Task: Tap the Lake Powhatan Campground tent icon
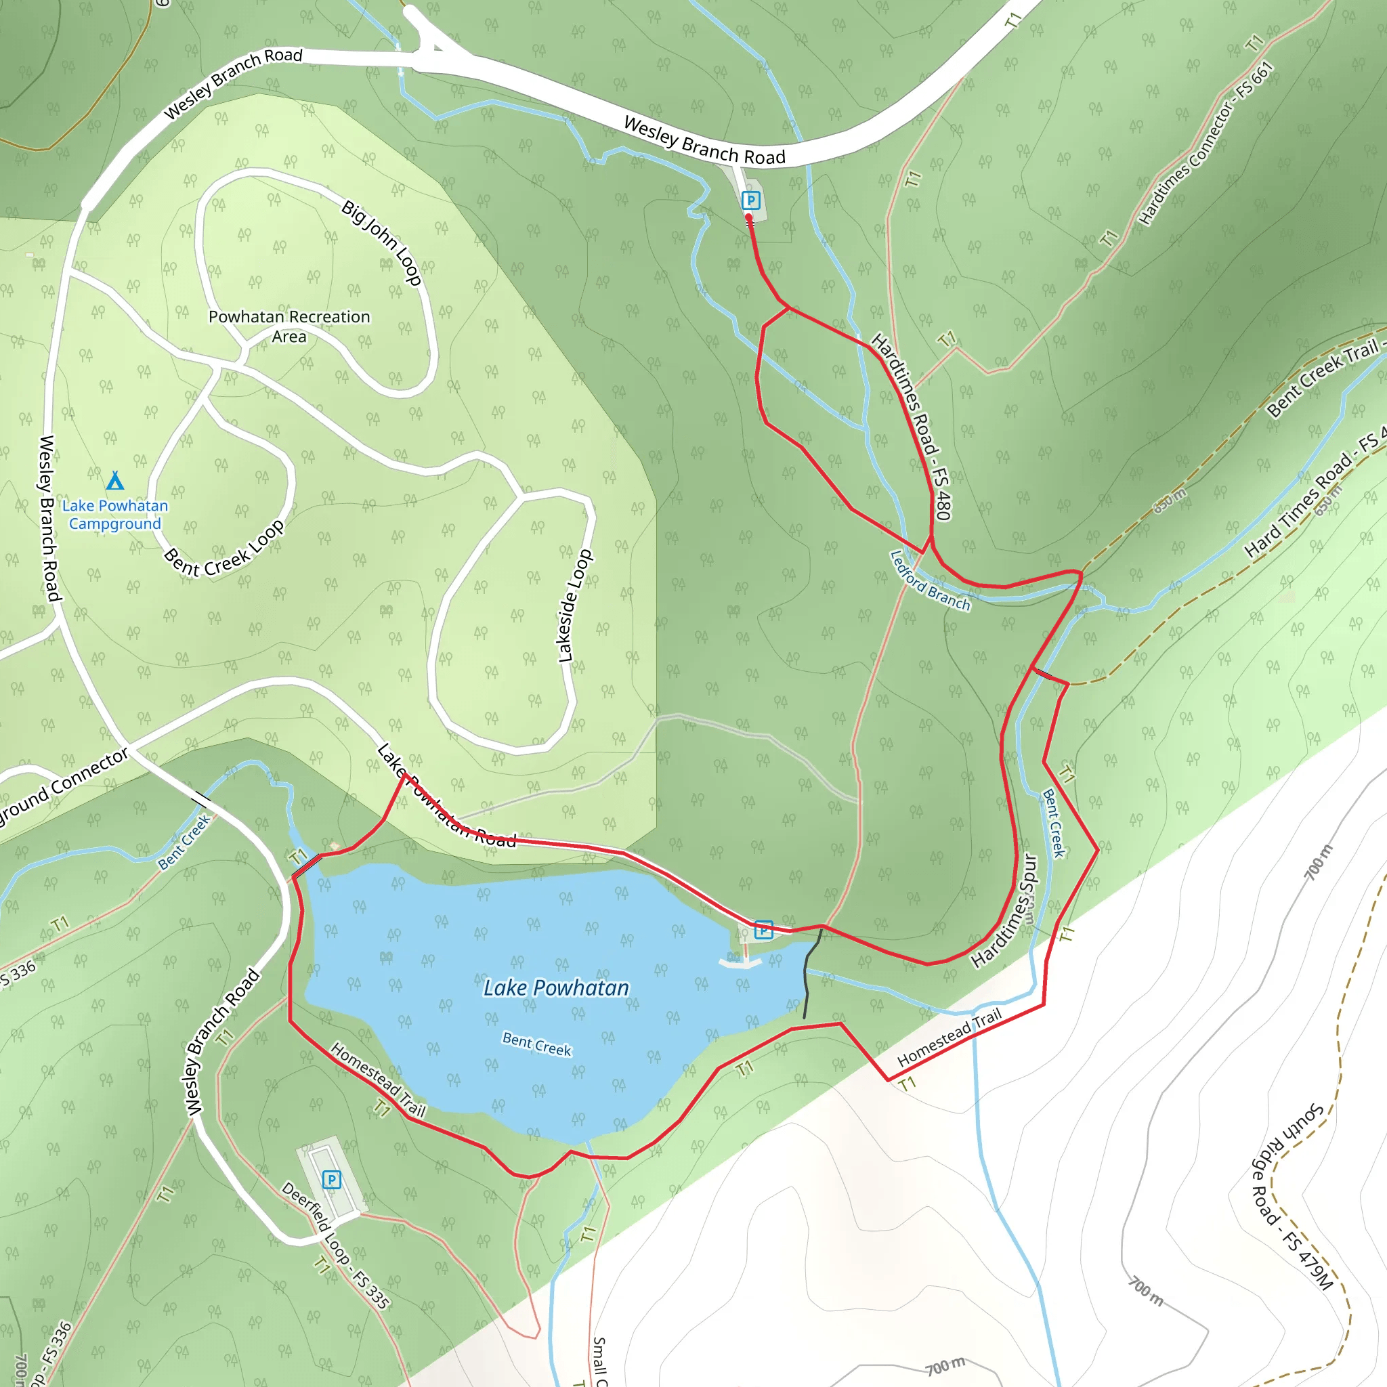click(x=115, y=480)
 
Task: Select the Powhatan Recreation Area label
click(x=289, y=326)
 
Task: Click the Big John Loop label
click(x=381, y=242)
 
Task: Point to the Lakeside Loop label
click(x=575, y=606)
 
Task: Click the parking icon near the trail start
click(x=751, y=200)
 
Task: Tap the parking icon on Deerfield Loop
click(x=331, y=1180)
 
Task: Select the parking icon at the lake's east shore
click(x=764, y=930)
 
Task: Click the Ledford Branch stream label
click(x=930, y=581)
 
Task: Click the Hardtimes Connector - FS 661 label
click(x=1206, y=144)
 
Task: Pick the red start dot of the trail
click(x=749, y=217)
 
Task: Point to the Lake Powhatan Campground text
click(x=115, y=515)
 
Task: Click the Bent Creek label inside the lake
click(x=536, y=1044)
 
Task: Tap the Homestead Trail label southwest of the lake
click(x=379, y=1080)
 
